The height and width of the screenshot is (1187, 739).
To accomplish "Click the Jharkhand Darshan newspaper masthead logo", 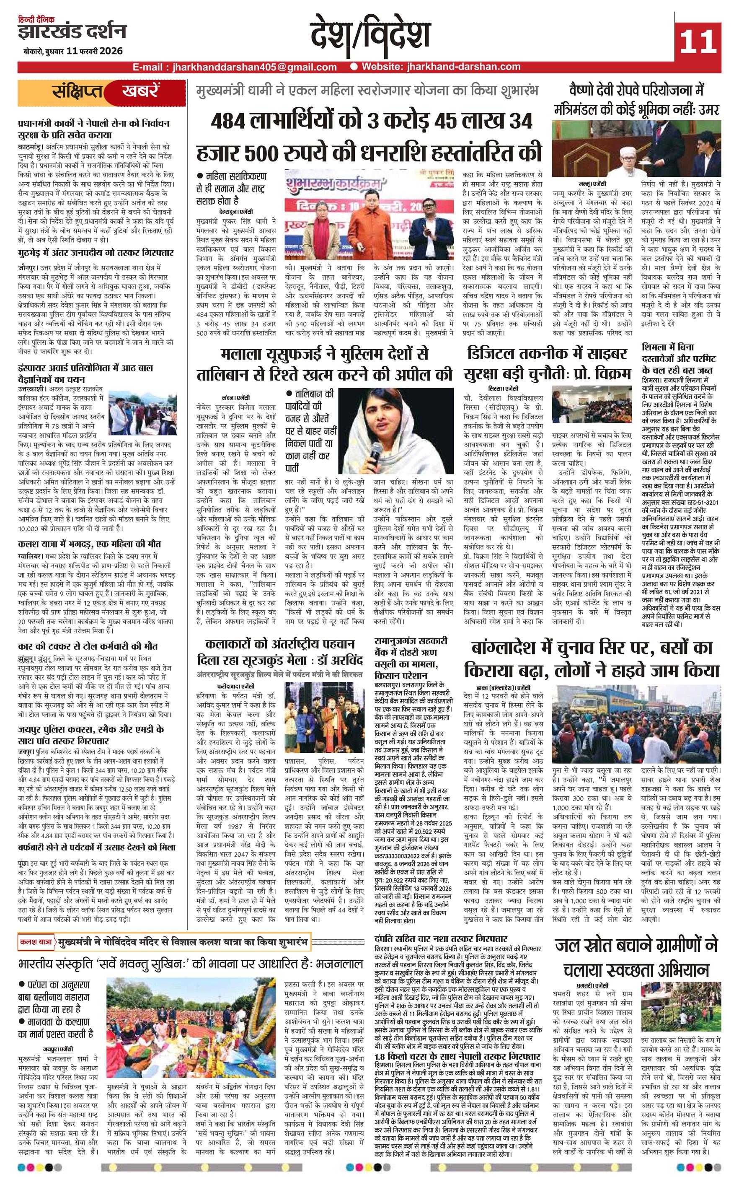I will point(72,32).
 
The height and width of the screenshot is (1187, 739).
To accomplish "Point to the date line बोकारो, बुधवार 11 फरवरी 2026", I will point(72,51).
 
